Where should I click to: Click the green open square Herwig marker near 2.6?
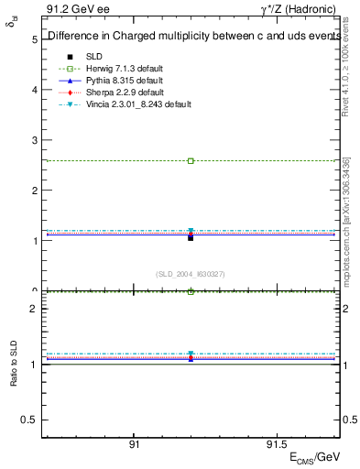point(191,161)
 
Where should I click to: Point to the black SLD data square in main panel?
point(191,237)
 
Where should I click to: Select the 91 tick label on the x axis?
point(134,442)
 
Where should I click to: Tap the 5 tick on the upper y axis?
point(34,40)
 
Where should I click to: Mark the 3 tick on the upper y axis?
point(34,141)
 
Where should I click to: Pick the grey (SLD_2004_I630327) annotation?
point(191,274)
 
